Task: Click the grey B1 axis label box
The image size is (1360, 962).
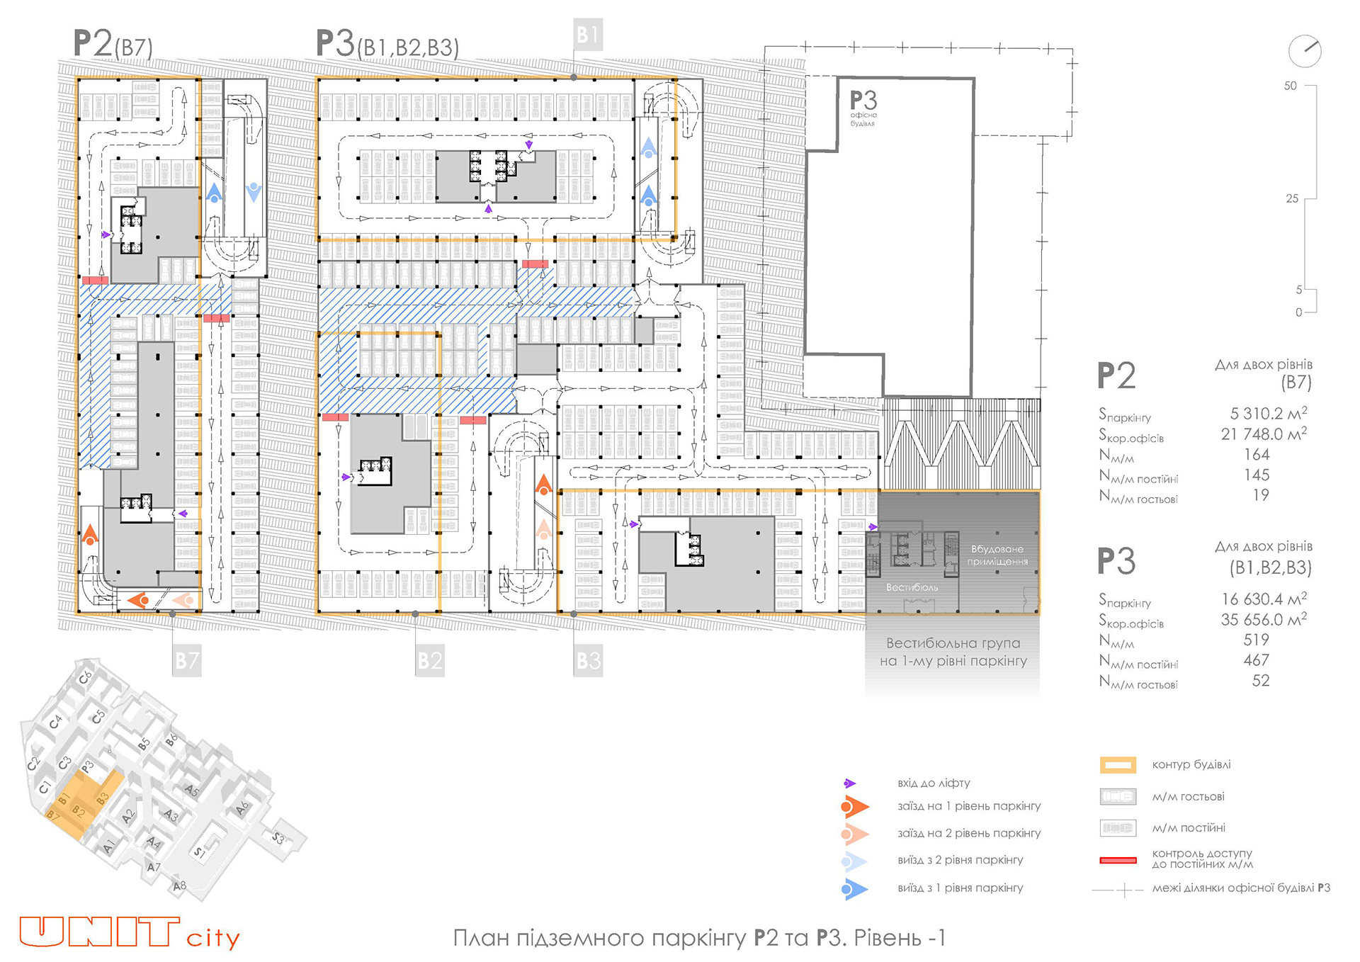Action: [587, 35]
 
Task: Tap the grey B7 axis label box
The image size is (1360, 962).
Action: [187, 661]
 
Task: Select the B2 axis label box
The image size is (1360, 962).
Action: [429, 661]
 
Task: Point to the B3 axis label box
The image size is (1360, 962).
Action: [588, 661]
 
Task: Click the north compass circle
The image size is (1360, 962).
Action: [1304, 51]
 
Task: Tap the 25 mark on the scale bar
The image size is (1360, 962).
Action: [1292, 199]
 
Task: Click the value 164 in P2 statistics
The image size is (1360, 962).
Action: [1257, 455]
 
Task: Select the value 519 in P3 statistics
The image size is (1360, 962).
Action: [1257, 640]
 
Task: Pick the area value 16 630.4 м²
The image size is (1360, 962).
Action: [1264, 599]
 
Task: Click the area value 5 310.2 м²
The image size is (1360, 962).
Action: [1268, 414]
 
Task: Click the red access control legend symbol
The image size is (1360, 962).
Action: [1118, 861]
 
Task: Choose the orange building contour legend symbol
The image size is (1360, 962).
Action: [1118, 765]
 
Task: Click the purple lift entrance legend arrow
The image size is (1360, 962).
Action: [850, 783]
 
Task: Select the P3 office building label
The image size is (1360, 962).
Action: [863, 106]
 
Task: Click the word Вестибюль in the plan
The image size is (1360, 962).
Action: [912, 588]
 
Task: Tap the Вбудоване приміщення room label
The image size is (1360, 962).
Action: [997, 555]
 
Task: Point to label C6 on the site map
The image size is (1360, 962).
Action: [85, 677]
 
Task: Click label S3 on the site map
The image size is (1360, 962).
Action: [278, 838]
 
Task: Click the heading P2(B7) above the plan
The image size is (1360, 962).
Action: [113, 44]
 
